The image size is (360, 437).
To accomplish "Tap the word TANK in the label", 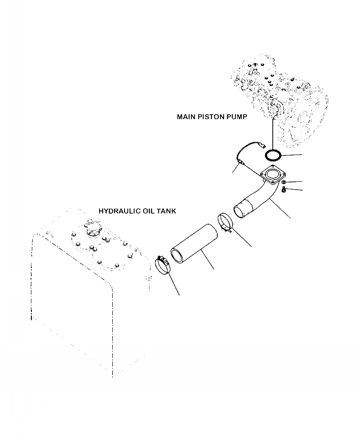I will coord(168,211).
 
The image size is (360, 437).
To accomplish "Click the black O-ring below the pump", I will coord(273,155).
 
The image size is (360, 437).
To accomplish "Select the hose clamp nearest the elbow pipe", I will coord(225,222).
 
